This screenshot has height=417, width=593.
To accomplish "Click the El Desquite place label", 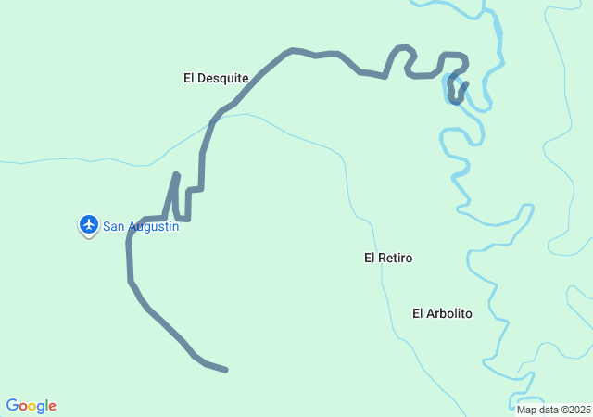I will point(216,79).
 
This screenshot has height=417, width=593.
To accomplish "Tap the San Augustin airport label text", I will point(140,226).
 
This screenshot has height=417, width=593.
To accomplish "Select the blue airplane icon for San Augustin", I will point(89,224).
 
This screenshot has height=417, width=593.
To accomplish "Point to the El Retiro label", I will point(388,258).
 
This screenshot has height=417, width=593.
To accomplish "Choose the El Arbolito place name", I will point(442,313).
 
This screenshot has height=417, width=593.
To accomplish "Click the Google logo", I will point(32,406).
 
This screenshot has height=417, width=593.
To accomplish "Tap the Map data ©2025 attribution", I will point(553,410).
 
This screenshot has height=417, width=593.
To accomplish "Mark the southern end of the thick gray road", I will point(226,371).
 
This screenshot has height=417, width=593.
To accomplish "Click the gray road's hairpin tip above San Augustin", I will point(176,174).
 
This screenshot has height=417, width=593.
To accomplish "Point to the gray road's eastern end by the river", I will point(465,84).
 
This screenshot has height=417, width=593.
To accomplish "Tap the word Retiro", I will point(396,258).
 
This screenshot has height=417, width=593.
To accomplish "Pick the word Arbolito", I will point(449,313).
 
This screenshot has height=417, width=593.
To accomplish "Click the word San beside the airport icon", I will point(113,226).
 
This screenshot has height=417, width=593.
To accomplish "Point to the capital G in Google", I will point(12,406).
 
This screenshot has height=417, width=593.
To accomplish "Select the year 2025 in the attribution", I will point(579,410).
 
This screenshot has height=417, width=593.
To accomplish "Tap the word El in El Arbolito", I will point(418,313).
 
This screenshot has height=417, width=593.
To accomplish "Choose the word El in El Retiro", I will point(370,258).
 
